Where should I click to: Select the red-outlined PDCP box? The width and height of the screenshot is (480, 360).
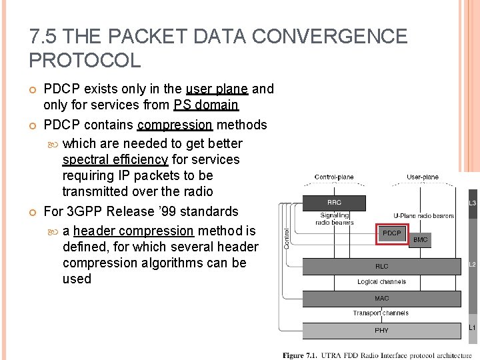pos(392,233)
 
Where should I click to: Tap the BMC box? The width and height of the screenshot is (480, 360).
pos(421,239)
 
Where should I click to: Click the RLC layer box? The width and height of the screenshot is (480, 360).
pos(381,267)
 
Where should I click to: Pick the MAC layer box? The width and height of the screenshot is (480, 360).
pos(381,298)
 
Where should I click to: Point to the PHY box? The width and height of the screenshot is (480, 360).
pos(381,330)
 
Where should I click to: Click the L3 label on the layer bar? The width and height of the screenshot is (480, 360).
pos(472,202)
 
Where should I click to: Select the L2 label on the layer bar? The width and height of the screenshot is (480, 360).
pos(472,265)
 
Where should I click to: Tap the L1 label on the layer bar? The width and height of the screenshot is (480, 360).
pos(472,327)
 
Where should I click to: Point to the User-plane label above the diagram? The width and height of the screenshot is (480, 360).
pos(423,177)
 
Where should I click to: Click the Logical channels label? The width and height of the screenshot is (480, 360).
pos(381,282)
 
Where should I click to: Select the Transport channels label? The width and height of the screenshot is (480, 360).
pos(381,313)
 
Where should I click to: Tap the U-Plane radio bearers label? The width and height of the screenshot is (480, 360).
pos(424,216)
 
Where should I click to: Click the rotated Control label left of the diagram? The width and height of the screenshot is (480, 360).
pos(287,237)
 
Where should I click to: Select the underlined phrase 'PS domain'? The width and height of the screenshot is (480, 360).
pos(206,105)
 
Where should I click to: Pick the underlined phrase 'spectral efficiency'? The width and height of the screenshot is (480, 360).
pos(115,159)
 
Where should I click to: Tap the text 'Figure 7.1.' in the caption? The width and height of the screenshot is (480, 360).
pos(301,355)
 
